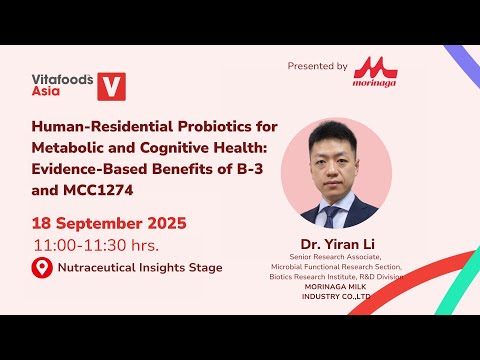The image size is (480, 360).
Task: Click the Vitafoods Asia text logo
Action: [59, 81]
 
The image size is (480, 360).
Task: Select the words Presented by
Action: [317, 67]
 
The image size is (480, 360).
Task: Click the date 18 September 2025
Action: [110, 222]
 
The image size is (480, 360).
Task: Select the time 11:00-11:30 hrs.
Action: [96, 245]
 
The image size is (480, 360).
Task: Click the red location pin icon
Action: [41, 268]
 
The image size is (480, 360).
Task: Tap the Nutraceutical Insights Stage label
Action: [140, 268]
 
